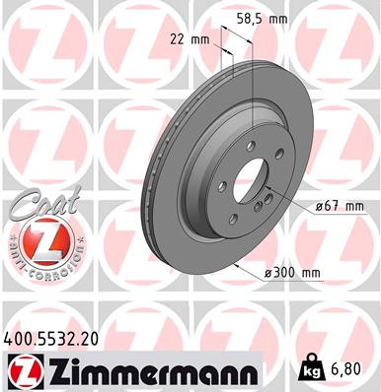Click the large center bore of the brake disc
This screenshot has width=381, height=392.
(x=248, y=181)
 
